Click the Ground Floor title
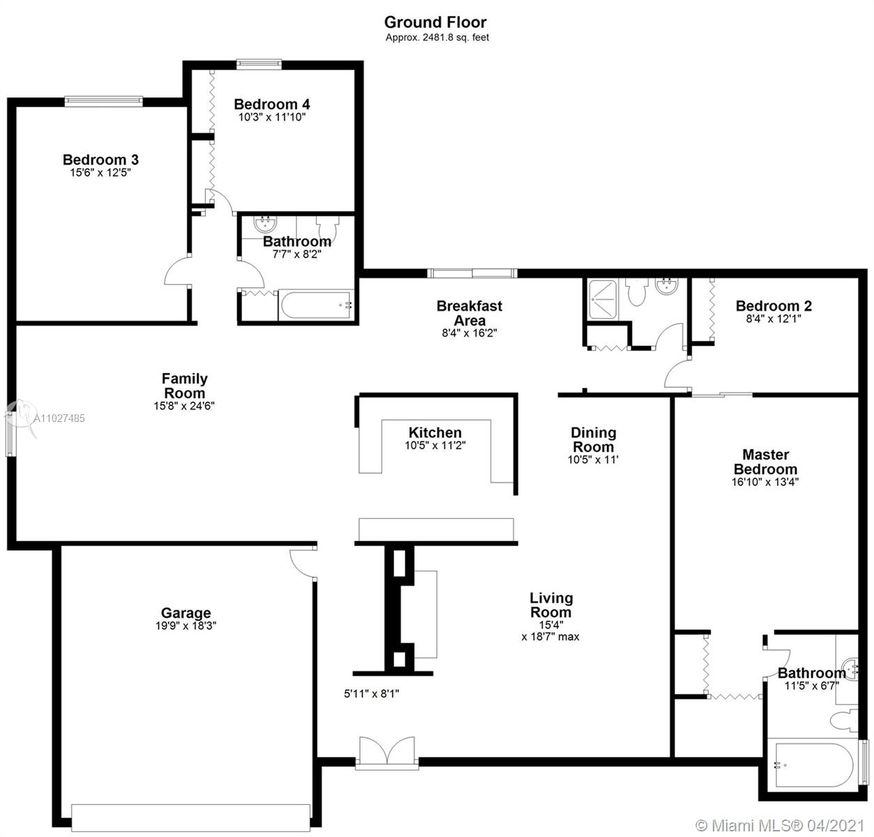click(435, 22)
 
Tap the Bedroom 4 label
click(272, 105)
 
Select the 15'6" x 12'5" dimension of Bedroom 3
click(100, 172)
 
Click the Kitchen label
click(435, 432)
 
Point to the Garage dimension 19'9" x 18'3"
click(185, 626)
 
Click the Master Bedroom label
click(765, 462)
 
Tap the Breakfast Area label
click(469, 313)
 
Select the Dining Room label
click(593, 439)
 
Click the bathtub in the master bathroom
click(813, 764)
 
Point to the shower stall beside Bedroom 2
click(603, 299)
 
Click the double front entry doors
click(387, 752)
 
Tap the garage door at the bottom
click(191, 817)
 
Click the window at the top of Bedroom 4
click(259, 64)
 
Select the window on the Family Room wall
click(10, 428)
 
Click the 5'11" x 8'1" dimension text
click(371, 693)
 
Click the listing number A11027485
click(59, 418)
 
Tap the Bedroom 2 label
click(774, 306)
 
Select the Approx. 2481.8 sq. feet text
click(437, 38)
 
